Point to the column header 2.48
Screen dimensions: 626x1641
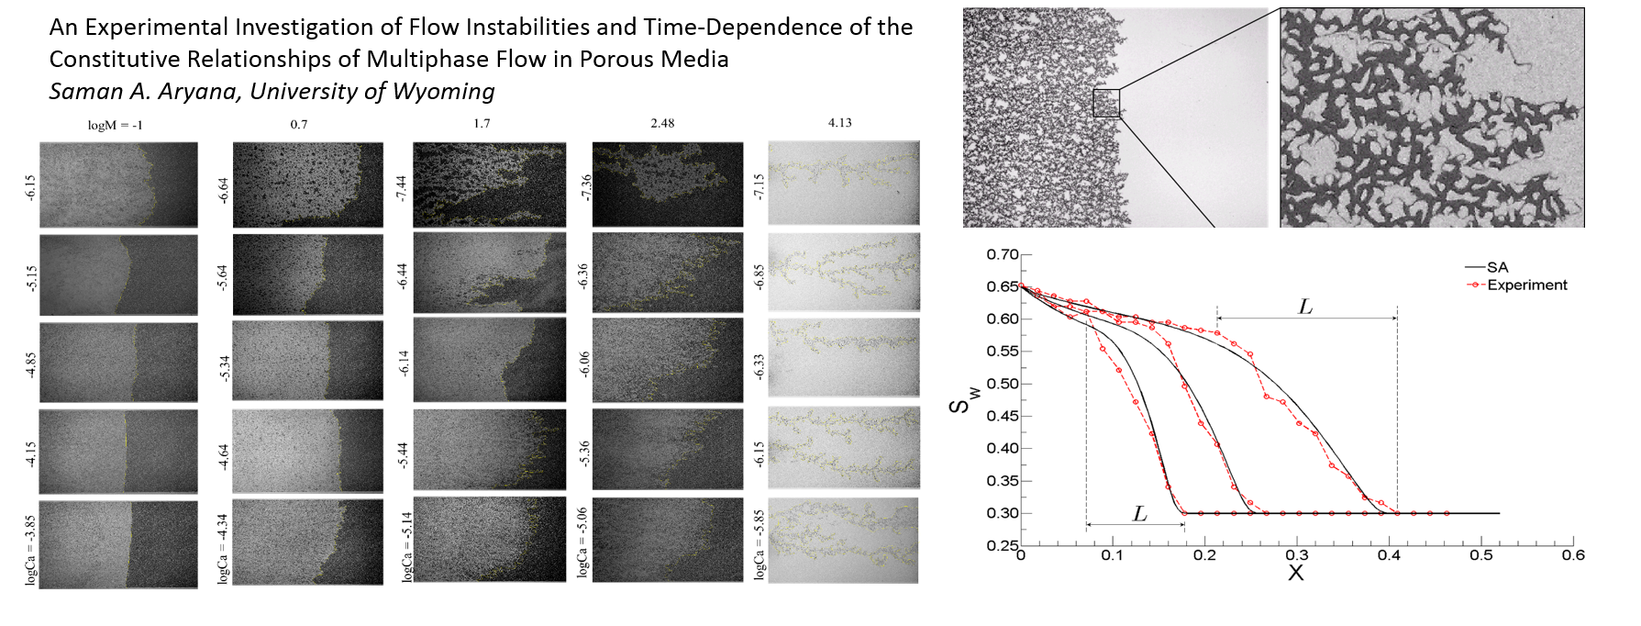661,123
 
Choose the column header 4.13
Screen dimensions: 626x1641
839,123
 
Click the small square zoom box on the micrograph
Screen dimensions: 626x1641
1106,103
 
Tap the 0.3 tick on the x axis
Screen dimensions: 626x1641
1296,556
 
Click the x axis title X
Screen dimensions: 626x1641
1295,573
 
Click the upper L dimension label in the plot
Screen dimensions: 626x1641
1306,307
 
